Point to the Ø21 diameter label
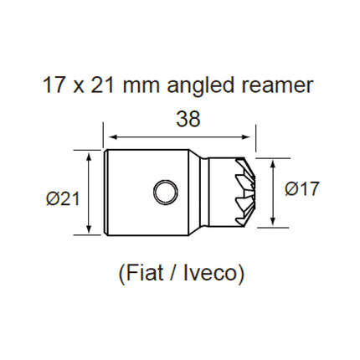(x=63, y=198)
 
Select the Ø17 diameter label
(x=301, y=190)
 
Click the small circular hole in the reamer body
(x=165, y=192)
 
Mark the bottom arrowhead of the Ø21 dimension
(x=89, y=230)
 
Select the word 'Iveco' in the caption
(x=210, y=273)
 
